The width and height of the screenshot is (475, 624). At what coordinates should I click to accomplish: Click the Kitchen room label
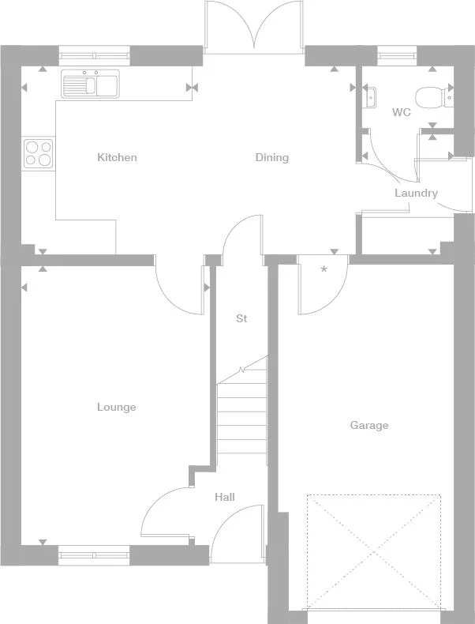point(117,157)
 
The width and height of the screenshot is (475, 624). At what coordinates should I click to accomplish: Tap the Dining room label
point(271,157)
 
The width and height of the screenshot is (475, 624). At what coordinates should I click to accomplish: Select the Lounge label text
point(117,408)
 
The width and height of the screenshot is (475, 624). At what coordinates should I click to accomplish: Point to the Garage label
point(369,426)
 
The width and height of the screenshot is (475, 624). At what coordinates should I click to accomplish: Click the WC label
point(402,112)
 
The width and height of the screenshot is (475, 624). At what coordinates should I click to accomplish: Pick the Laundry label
point(416,193)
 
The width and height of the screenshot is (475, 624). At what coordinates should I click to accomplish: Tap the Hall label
point(225,497)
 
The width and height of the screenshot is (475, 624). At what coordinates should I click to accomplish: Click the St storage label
point(241,319)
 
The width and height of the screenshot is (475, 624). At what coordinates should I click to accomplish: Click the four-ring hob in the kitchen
point(38,153)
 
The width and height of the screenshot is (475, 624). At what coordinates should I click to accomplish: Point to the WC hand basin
point(370,97)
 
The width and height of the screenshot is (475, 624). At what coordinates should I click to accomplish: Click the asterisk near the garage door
point(324,270)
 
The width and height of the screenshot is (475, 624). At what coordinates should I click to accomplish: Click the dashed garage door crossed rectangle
point(373,551)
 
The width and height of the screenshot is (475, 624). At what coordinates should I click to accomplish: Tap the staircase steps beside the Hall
point(241,415)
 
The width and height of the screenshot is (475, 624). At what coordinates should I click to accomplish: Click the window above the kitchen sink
point(94,56)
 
